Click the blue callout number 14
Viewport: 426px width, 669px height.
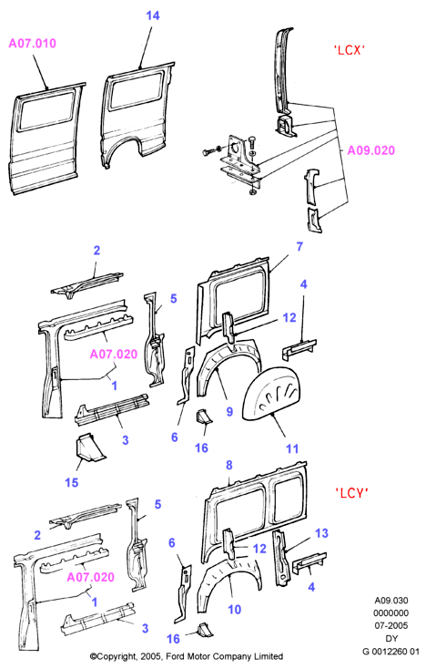[153, 15]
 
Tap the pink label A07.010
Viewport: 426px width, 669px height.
[33, 44]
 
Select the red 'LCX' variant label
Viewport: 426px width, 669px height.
[349, 50]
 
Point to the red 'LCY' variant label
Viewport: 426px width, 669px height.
[351, 493]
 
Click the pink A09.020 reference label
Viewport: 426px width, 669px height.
[371, 150]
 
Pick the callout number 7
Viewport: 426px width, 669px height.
[299, 247]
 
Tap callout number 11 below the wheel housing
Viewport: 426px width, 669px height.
[292, 448]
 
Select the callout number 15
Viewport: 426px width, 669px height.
[72, 482]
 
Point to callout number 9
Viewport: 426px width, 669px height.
[229, 412]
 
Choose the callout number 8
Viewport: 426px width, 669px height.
[229, 465]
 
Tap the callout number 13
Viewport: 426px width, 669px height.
[321, 533]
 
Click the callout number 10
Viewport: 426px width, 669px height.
[234, 610]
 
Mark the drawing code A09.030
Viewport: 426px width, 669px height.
[391, 601]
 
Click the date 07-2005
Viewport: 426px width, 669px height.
[391, 626]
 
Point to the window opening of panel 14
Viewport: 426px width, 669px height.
[137, 90]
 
